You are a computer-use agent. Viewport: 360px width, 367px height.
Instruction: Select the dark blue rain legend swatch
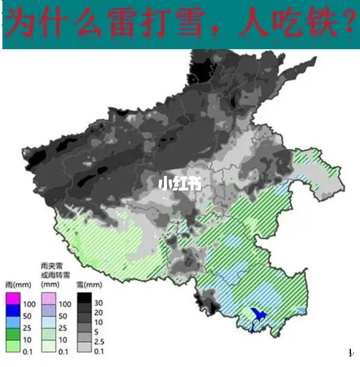[13, 311]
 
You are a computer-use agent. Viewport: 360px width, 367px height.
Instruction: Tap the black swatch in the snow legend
[84, 298]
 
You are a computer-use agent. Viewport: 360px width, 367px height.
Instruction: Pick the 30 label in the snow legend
[100, 303]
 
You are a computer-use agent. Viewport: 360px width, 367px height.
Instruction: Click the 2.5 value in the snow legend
[101, 343]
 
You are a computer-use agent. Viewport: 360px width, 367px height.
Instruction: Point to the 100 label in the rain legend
[29, 303]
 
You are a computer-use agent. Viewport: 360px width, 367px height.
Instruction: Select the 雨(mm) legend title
[15, 284]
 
